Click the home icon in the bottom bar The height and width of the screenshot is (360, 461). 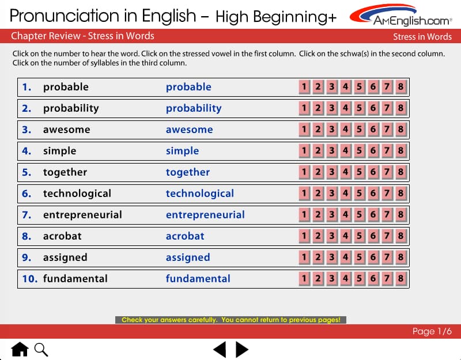tap(20, 349)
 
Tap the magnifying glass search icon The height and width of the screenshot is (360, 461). tap(41, 350)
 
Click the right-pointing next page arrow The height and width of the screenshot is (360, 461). tap(242, 350)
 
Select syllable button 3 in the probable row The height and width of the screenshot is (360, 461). tap(332, 87)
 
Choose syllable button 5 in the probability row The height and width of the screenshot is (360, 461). tap(359, 108)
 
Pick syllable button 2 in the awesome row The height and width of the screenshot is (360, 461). tap(318, 130)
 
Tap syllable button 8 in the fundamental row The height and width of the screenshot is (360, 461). tap(400, 279)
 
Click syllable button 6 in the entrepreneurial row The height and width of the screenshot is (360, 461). tap(373, 215)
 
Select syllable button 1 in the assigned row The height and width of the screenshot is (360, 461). tap(304, 257)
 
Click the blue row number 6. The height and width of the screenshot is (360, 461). tap(27, 194)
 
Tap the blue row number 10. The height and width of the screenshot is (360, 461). tap(30, 279)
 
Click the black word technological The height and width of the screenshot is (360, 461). tap(77, 194)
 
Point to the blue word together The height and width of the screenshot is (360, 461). tap(188, 172)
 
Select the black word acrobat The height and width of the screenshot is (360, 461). tap(62, 236)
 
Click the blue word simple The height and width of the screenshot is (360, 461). tap(182, 151)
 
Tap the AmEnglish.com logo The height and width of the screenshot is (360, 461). tap(401, 16)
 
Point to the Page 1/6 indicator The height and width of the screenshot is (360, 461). tap(432, 332)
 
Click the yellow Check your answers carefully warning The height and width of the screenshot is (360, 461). tap(231, 320)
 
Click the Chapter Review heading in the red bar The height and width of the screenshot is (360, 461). tap(82, 36)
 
